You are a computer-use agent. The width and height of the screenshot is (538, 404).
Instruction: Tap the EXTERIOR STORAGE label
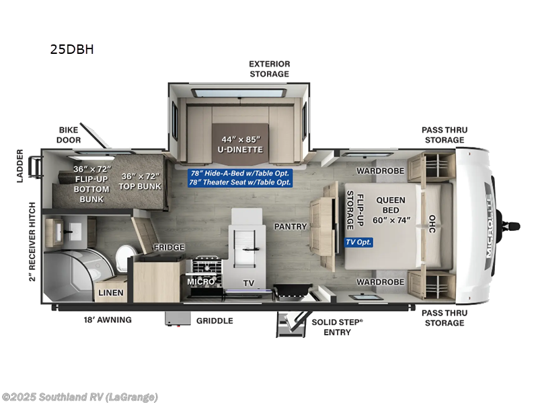(269, 69)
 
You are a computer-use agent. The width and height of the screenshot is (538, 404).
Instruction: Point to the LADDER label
(20, 166)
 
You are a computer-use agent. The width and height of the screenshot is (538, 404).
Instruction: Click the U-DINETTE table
(241, 139)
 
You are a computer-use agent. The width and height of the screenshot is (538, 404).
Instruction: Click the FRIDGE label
(169, 247)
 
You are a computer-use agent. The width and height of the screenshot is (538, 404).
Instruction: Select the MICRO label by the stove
(201, 281)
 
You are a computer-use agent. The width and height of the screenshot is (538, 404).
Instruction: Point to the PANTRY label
(291, 226)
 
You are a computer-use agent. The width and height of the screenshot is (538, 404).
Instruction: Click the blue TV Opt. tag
(358, 242)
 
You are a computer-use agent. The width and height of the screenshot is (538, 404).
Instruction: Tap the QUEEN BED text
(391, 205)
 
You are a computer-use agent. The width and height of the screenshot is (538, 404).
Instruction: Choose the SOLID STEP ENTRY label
(337, 326)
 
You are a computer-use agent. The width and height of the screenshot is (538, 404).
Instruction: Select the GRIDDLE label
(215, 321)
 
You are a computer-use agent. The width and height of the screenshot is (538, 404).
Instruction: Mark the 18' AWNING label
(107, 320)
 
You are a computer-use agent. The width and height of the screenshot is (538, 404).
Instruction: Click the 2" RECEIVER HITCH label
(32, 241)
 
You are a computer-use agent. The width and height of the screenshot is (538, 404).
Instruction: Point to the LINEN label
(111, 293)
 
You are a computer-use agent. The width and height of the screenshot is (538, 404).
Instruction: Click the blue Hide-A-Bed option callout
(239, 173)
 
